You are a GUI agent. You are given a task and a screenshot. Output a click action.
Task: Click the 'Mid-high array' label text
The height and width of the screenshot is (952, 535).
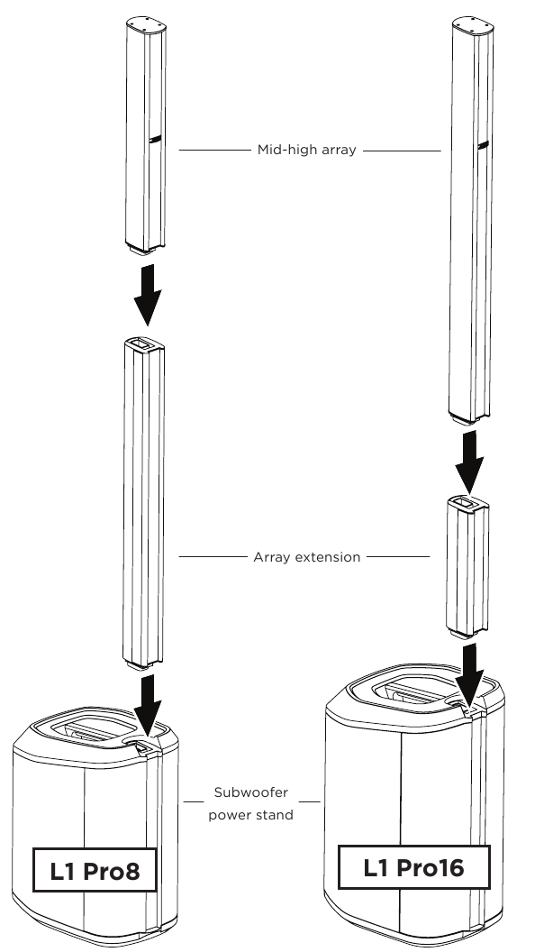306,151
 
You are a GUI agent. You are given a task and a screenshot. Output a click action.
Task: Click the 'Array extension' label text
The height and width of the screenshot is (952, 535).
306,557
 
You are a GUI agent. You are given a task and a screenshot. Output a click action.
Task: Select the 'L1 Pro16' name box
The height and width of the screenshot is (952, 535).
413,869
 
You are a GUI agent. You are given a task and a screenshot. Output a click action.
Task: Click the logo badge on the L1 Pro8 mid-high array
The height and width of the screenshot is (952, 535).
155,140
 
